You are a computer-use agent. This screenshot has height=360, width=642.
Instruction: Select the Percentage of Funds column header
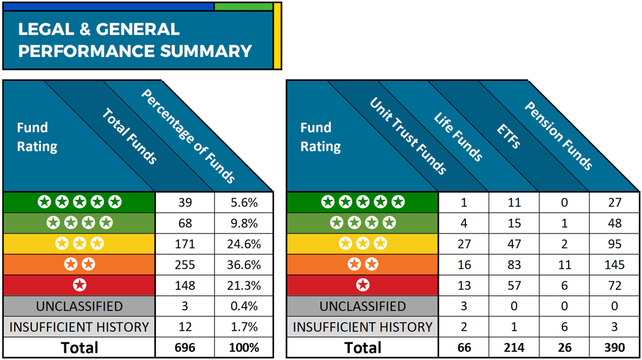coord(188,136)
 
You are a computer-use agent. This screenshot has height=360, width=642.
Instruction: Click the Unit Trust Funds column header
coord(408,136)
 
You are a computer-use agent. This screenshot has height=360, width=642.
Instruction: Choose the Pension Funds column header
coord(558,136)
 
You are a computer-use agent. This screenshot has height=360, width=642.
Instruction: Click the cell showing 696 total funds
coord(185,348)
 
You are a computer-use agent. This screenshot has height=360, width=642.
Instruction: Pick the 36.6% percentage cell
coord(244,265)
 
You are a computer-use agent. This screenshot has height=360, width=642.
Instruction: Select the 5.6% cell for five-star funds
coord(244,202)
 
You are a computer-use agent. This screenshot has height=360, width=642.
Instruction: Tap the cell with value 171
coord(185,244)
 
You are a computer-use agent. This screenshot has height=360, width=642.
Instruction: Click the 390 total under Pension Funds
coord(614,348)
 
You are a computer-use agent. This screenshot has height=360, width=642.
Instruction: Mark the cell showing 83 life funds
coord(514,265)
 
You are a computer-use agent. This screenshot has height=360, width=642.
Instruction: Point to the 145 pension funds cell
coord(614,265)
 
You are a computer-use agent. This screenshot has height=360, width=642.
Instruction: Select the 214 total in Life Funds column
coord(514,348)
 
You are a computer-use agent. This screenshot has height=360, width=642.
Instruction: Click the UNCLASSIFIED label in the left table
coord(79,306)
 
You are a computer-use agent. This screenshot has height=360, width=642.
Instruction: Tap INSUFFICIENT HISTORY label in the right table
coord(363,327)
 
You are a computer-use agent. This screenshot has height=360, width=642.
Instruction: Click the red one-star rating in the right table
coord(363,285)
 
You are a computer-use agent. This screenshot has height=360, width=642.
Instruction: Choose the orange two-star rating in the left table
coord(79,265)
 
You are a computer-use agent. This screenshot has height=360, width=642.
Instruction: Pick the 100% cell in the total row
coord(244,348)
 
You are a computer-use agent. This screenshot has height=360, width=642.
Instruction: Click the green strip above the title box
coord(243,7)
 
